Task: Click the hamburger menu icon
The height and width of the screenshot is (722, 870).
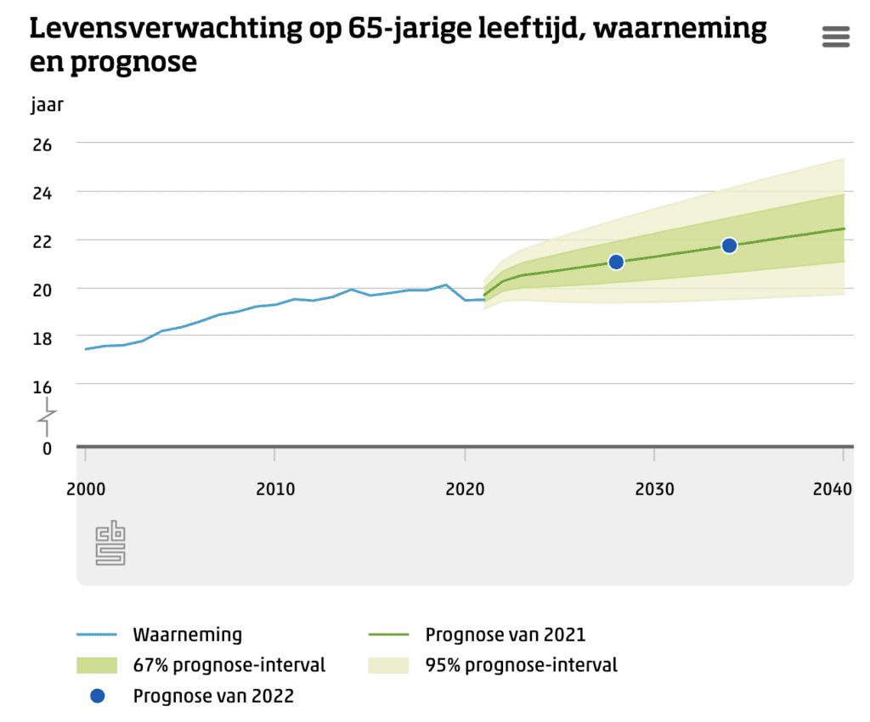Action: point(836,37)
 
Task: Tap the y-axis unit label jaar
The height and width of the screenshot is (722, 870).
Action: point(47,105)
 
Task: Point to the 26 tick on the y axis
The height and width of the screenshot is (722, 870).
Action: point(42,144)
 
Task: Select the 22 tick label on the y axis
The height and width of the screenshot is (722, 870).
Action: point(42,241)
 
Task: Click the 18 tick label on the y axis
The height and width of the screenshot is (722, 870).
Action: point(42,338)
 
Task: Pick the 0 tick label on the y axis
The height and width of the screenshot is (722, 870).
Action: point(47,448)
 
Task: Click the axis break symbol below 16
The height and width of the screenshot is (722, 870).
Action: point(47,417)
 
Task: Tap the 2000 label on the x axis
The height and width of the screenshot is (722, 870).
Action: point(85,489)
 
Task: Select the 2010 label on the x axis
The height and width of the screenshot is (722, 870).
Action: point(274,489)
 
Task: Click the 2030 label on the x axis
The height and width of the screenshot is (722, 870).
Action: point(654,489)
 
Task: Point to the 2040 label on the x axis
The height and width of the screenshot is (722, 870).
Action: point(833,489)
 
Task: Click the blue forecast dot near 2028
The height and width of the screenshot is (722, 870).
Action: point(616,262)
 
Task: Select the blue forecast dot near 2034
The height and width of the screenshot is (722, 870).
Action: point(729,245)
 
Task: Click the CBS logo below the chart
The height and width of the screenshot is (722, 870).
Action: point(110,544)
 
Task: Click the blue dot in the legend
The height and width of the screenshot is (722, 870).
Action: point(98,696)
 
